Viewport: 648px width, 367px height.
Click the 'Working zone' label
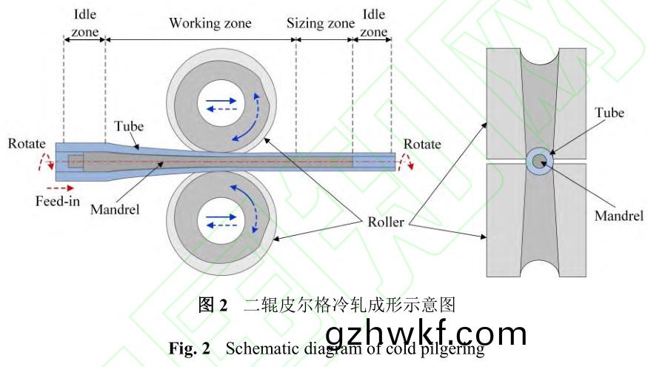tap(210, 23)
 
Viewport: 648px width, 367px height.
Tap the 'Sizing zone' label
tap(321, 23)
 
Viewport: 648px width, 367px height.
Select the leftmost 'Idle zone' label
tap(85, 23)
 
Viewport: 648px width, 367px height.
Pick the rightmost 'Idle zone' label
tap(374, 23)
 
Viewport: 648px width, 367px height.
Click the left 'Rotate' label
tap(27, 144)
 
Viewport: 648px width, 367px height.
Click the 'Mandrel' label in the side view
tap(116, 209)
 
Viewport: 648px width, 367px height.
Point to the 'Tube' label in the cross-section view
tap(610, 113)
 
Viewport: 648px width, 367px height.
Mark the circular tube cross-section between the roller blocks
tap(538, 161)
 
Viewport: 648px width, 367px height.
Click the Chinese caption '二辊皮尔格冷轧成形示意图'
tap(348, 305)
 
